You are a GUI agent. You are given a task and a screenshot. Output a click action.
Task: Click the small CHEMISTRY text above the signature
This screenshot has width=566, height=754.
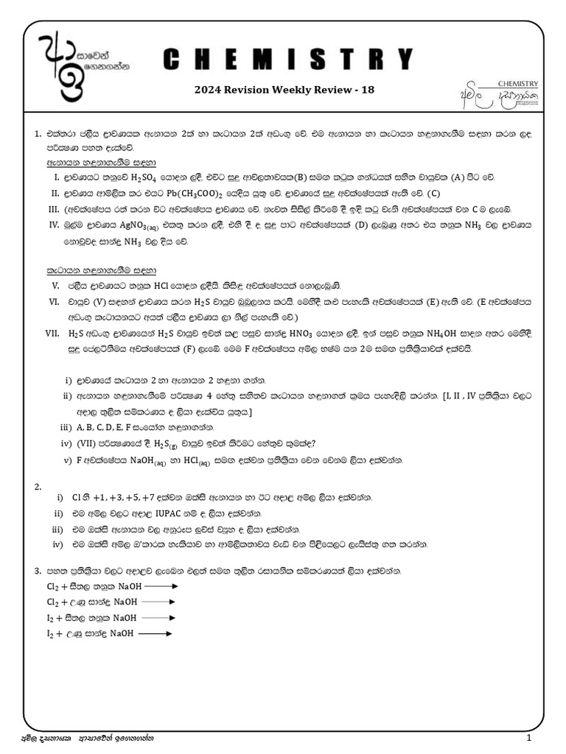pos(518,84)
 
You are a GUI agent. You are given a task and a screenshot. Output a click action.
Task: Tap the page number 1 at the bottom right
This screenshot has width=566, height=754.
pos(528,738)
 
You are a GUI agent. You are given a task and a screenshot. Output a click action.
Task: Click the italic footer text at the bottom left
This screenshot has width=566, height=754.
pos(91,738)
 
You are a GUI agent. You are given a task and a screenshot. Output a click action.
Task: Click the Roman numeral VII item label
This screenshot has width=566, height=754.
pos(52,333)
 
